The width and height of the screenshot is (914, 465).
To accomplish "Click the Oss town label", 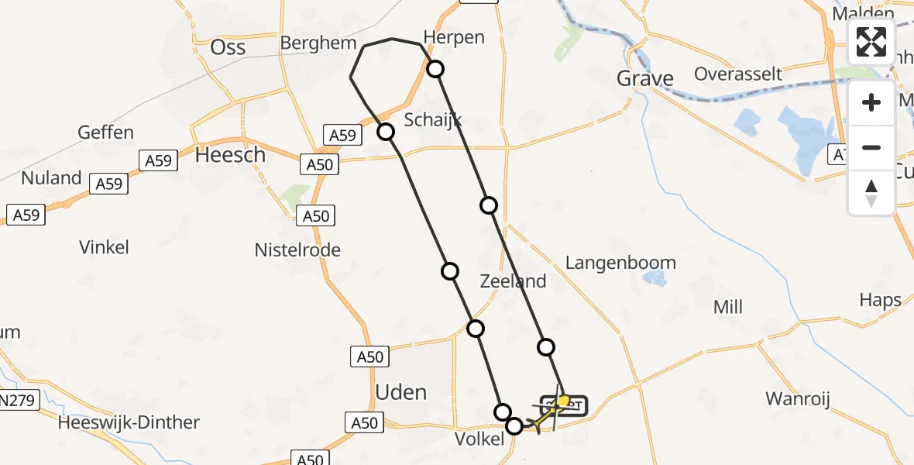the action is [228, 47].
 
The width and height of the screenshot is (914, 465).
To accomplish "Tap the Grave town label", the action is [644, 78].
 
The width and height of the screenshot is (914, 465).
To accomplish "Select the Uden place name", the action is [400, 391].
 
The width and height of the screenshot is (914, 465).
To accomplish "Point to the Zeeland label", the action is [513, 281].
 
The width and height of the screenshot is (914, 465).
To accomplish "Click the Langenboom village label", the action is [620, 263].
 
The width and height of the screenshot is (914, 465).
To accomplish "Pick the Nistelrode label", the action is [297, 250].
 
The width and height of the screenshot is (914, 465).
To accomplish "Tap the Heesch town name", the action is [230, 155].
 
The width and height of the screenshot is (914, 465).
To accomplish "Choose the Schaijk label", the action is [433, 119].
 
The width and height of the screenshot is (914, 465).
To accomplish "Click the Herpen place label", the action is [454, 37].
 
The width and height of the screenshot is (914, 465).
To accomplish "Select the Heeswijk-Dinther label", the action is [129, 422].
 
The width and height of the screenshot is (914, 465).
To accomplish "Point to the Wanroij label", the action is [797, 399].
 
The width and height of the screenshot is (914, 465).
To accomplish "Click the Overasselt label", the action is [738, 74].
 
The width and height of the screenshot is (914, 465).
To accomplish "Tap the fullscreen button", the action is [871, 42].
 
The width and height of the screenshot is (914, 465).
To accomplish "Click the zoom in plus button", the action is [871, 102].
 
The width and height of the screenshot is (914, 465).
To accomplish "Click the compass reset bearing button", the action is [871, 193].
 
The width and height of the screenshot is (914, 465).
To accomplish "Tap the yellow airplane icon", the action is [545, 415].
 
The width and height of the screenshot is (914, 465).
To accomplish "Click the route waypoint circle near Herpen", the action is [436, 69].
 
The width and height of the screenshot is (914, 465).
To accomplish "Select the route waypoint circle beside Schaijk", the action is [386, 132].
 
